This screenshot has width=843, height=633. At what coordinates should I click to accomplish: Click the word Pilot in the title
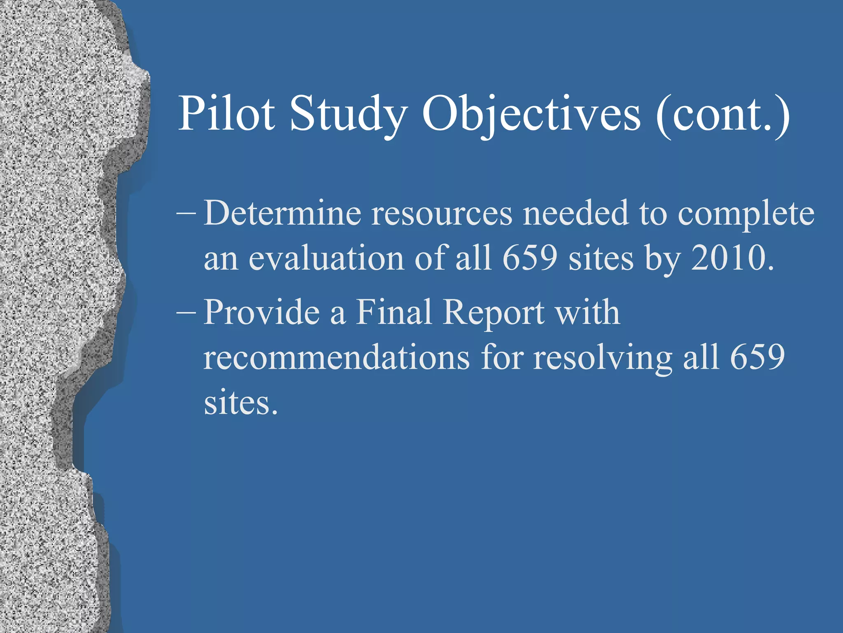(226, 113)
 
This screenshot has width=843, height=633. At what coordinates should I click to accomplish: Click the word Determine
(282, 213)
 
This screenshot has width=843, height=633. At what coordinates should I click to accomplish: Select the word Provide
(262, 312)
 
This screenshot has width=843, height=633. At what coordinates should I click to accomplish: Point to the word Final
(394, 312)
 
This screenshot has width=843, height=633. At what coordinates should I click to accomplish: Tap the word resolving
(603, 358)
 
